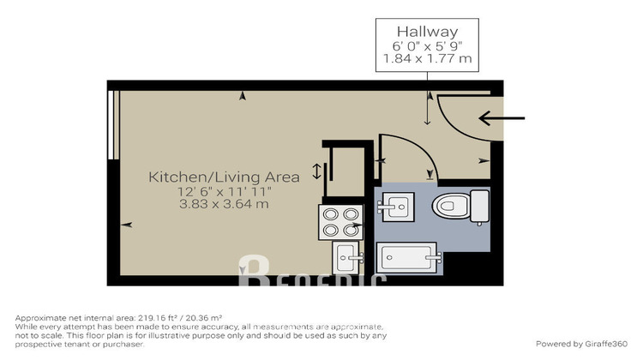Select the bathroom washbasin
(x=394, y=207)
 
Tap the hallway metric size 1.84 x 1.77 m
(x=425, y=60)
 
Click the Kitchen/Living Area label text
(x=224, y=177)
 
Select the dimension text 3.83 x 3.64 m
(x=224, y=205)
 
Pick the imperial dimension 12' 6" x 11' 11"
(x=224, y=191)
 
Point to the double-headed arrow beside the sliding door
(x=316, y=171)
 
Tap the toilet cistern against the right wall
(x=480, y=207)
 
